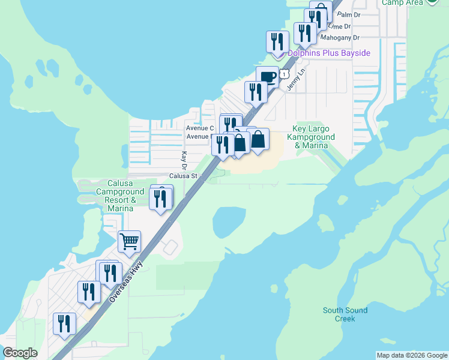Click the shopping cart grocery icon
coord(129,242)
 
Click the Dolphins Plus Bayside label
coord(328,53)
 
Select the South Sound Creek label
coord(345,314)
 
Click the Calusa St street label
coord(183,176)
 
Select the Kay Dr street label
coord(184,160)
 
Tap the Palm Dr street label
coord(348,14)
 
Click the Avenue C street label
coord(200,128)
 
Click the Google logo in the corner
coord(20,353)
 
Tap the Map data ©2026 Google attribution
coord(412,355)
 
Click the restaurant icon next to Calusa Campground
coord(160,199)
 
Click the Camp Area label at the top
coord(402,2)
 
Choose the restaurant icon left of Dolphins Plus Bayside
coord(277,41)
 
